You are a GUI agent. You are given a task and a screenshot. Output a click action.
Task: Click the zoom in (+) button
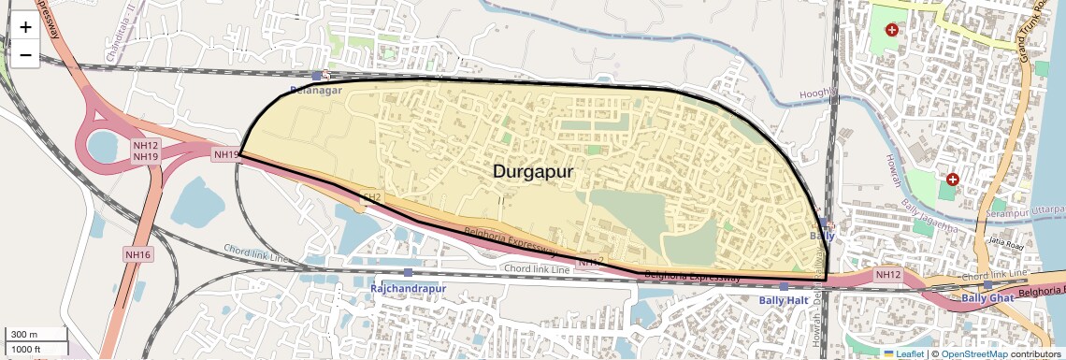[25, 27]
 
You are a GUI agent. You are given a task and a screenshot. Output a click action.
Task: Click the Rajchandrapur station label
[407, 288]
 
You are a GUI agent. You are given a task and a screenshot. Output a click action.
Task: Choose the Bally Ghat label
[987, 298]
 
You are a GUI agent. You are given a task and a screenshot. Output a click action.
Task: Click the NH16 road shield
[137, 253]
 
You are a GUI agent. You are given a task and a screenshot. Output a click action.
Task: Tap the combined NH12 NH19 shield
[145, 151]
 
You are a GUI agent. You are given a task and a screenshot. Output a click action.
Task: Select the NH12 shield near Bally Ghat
[886, 275]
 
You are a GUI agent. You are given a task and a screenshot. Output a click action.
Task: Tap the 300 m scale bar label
[24, 335]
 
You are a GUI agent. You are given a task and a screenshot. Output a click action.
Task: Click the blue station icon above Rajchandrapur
[408, 272]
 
